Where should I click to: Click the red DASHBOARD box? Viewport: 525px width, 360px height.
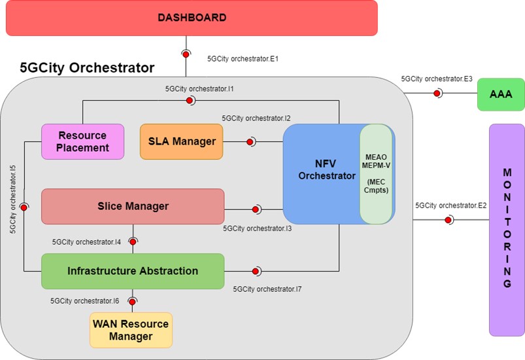[192, 18]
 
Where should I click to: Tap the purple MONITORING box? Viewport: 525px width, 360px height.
[507, 228]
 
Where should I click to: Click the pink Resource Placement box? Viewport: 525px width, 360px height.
[82, 141]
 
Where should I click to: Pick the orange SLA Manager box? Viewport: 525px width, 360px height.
[181, 141]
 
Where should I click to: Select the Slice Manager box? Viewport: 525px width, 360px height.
[132, 206]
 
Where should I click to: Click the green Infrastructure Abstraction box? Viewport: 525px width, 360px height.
[132, 271]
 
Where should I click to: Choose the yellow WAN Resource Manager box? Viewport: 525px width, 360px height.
[131, 330]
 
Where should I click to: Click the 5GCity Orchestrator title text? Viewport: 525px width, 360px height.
[87, 67]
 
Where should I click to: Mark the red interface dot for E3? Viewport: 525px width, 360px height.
[437, 93]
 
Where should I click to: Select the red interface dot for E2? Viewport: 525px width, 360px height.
[448, 220]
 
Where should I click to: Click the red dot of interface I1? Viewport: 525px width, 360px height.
[190, 100]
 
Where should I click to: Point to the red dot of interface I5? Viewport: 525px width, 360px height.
[24, 207]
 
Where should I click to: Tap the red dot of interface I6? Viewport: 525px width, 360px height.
[132, 302]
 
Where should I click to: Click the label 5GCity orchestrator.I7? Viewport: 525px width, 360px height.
[267, 288]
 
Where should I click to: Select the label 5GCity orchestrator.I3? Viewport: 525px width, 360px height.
[257, 229]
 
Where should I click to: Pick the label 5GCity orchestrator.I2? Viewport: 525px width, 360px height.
[256, 118]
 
